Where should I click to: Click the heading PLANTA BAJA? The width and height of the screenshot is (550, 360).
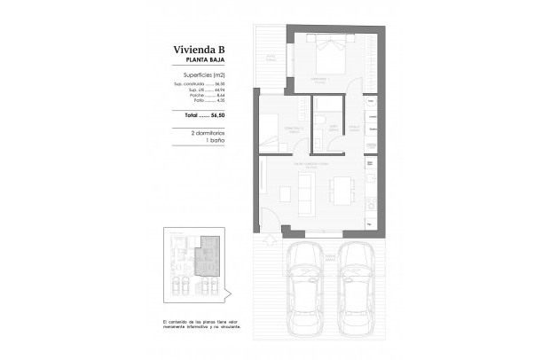point(197,61)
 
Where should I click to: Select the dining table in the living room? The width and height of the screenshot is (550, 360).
point(342,190)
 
